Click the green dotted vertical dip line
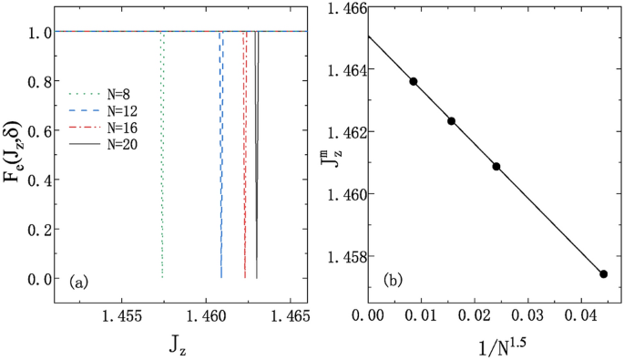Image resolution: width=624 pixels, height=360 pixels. [161, 155]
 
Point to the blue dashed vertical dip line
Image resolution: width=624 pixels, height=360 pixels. [220, 155]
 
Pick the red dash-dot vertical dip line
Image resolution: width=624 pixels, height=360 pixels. [244, 155]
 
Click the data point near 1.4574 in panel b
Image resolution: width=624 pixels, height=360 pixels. [603, 273]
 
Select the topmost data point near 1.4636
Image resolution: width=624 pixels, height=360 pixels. [414, 81]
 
